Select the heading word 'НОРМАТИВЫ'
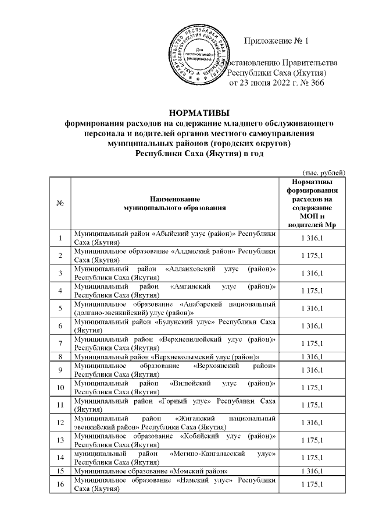coord(199,113)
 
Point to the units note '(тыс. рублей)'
coord(325,172)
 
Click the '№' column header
coord(60,203)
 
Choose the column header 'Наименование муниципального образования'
coord(174,203)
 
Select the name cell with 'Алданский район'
coord(174,255)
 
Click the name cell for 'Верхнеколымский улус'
coord(174,356)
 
